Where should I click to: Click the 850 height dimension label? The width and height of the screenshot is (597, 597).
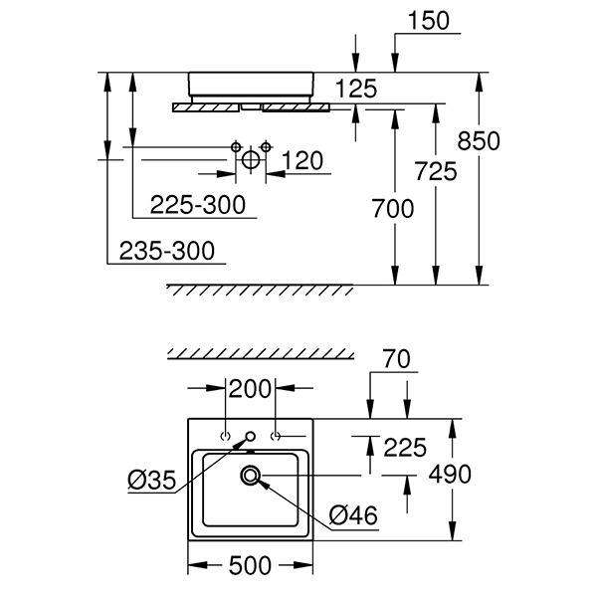coord(479,141)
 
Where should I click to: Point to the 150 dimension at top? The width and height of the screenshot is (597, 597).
coord(429,20)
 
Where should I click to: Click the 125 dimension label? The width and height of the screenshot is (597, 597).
coord(355,90)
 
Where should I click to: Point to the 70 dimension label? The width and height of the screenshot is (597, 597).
coord(394,358)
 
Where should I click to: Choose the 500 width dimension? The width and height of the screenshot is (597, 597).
coord(251,566)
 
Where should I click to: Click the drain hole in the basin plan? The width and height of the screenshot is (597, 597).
coord(251,477)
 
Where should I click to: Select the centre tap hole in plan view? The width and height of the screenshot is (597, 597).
coord(251,436)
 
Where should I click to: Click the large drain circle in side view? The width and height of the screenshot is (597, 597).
coord(251,158)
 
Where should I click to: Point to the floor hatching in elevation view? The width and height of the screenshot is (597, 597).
coord(258,290)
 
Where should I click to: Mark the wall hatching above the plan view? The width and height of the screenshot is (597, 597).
coord(261,355)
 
